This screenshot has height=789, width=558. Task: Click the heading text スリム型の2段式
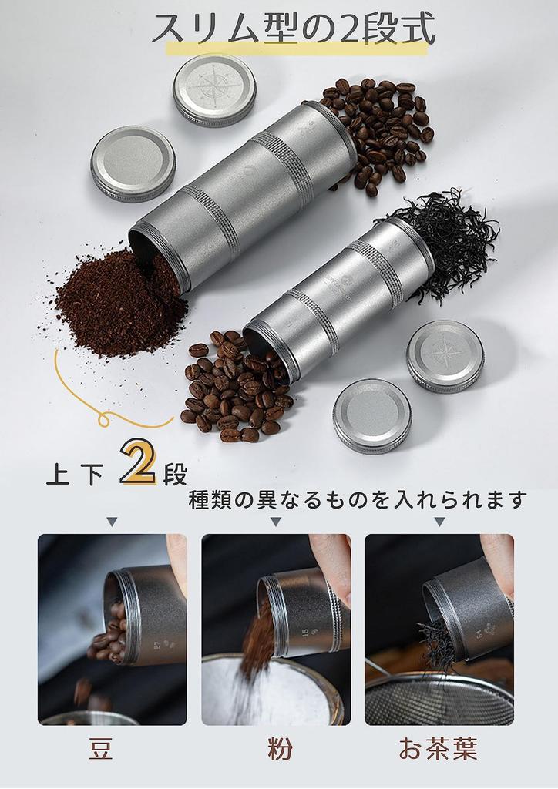pos(293,29)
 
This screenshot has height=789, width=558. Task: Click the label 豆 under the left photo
pos(101,748)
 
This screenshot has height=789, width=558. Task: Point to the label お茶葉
pos(438,748)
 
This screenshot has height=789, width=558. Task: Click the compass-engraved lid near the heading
pos(214,89)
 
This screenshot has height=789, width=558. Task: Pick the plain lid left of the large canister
pos(133,164)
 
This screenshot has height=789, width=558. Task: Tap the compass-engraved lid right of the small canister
pos(445,356)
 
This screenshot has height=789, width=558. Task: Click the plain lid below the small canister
pos(372,415)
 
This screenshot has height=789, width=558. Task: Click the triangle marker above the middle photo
pos(276,522)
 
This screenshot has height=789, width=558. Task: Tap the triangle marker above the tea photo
pos(439,522)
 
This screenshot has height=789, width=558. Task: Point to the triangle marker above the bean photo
pos(112,522)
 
